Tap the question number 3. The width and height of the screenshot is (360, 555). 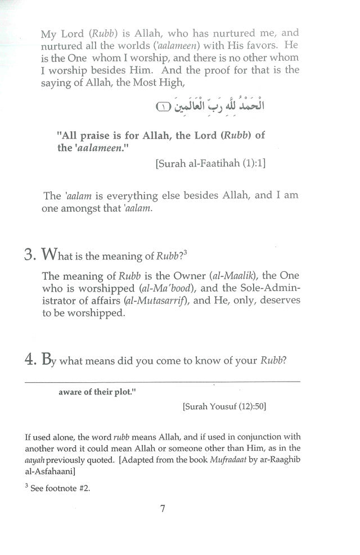pos(30,255)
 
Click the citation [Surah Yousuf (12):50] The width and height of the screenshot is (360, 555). pos(223,406)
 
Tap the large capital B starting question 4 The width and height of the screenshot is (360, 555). pos(47,360)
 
